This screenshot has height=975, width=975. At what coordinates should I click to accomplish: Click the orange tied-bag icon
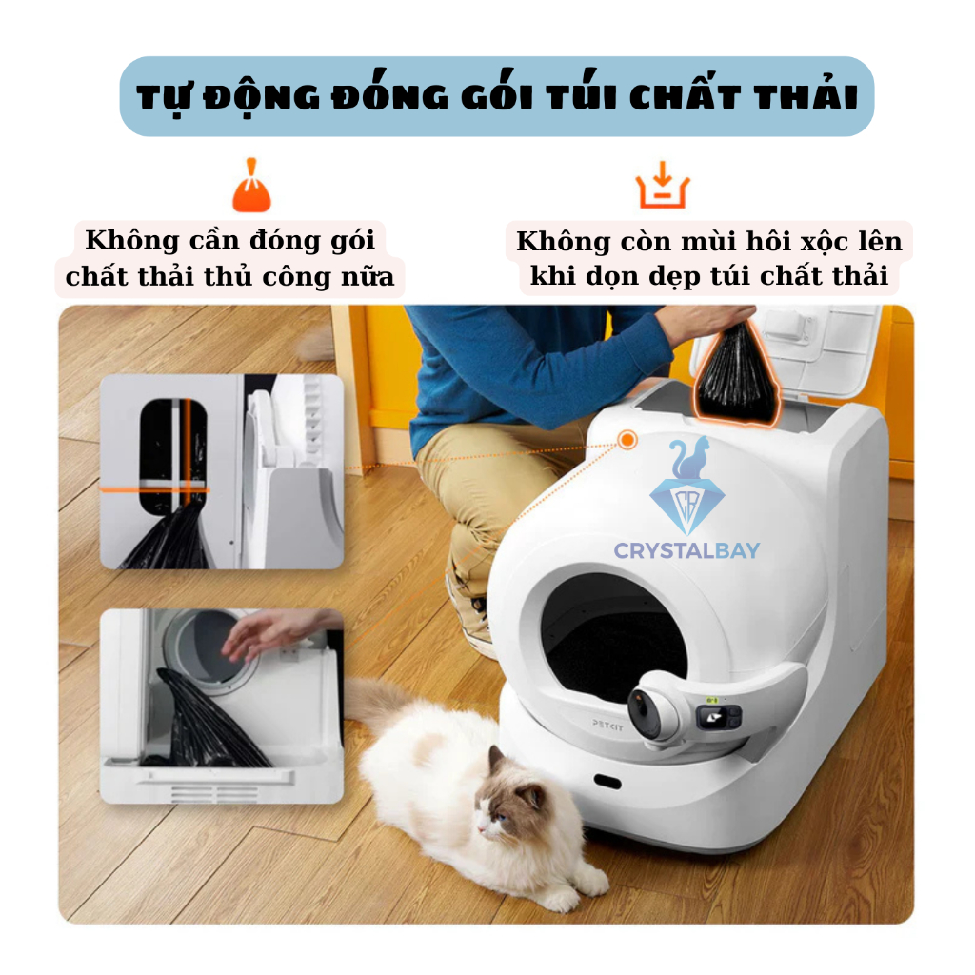tap(251, 186)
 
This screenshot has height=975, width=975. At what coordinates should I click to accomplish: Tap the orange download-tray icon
tap(663, 185)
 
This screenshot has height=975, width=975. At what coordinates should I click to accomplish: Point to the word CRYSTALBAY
tap(686, 550)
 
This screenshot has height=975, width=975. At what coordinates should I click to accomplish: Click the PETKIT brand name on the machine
tap(607, 725)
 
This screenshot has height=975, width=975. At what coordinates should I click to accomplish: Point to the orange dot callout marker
tap(627, 440)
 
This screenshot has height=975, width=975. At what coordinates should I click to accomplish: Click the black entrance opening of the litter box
tap(612, 644)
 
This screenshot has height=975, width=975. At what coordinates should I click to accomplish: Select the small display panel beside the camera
tap(719, 716)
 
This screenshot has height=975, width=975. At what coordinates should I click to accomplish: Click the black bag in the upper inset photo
tap(168, 535)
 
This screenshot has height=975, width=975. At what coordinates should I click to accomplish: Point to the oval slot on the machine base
tap(607, 781)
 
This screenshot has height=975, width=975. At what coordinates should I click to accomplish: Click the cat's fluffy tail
tap(373, 703)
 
